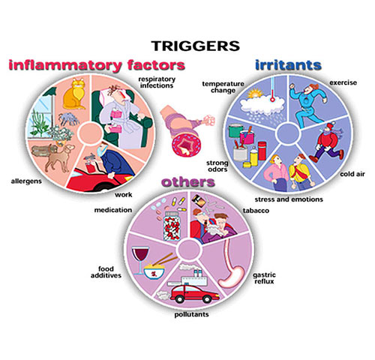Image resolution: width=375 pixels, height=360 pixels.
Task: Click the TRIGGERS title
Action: pos(196,46)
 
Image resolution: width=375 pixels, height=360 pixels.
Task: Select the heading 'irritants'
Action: pos(288,65)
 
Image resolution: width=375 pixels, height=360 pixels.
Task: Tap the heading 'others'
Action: pos(188,181)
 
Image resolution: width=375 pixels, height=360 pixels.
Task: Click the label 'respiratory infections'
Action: pos(157,82)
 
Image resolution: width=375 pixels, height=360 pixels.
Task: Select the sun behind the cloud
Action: pos(254,94)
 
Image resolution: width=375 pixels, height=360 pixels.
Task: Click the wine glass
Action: pos(140,260)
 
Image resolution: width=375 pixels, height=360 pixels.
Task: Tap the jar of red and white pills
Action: pos(172,226)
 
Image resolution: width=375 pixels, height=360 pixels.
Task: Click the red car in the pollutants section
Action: pos(194,294)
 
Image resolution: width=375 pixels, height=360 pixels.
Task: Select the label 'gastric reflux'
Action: pos(264,278)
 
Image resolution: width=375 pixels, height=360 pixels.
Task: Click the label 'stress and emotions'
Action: pos(289,199)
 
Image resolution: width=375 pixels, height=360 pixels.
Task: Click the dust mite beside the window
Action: pos(68,118)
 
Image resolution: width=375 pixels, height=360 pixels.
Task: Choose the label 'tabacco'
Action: pos(256,211)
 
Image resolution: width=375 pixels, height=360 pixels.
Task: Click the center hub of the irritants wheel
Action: pos(288,133)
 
